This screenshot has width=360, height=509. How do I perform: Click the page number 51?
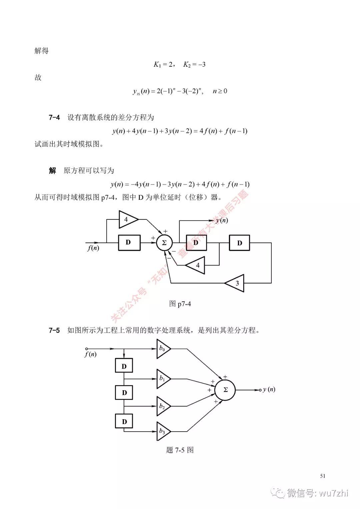tap(322, 476)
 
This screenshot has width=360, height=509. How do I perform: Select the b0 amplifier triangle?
tap(163, 349)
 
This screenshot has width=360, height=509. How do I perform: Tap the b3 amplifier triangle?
tap(163, 431)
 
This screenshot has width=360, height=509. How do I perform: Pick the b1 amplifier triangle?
tap(163, 379)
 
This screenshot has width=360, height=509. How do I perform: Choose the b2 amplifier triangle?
tap(163, 406)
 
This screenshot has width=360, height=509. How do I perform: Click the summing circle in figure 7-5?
tap(225, 390)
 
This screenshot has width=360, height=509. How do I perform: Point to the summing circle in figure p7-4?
tap(164, 243)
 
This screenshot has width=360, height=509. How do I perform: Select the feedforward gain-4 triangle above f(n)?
tap(128, 219)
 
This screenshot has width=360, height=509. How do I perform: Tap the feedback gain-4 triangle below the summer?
tap(196, 266)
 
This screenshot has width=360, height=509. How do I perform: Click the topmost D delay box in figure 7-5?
tap(124, 366)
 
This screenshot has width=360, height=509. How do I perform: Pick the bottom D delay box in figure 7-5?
tap(124, 421)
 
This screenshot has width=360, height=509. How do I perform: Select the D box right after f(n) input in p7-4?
tap(129, 242)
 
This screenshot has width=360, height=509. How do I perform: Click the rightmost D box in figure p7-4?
tap(239, 243)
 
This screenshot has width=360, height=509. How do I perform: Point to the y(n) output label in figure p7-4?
tap(222, 220)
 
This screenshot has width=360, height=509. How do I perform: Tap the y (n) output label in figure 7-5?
tap(269, 390)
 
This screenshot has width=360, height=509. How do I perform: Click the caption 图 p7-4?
tap(180, 304)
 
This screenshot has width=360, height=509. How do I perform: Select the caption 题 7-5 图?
tap(180, 450)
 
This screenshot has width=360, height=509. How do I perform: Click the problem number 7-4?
tap(54, 117)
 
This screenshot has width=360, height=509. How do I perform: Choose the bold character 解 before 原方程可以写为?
tap(53, 171)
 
